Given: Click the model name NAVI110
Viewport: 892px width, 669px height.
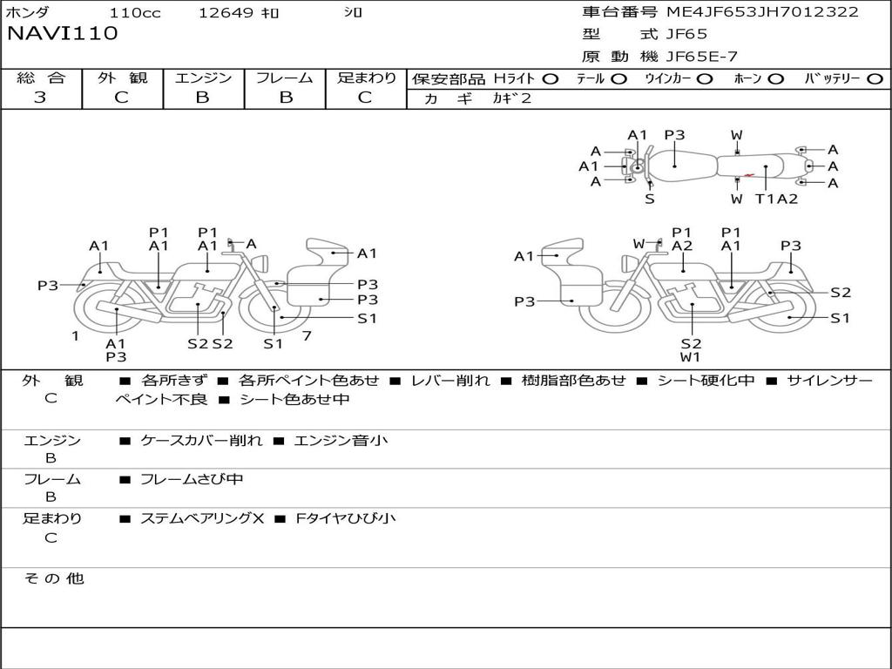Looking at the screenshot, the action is [62, 34].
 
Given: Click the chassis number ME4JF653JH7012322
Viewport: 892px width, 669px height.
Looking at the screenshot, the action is [762, 12].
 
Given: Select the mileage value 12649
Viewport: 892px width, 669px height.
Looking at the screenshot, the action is [226, 13].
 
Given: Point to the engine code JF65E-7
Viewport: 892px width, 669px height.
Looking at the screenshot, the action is [701, 57].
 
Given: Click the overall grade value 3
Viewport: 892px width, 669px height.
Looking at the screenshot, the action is [40, 98].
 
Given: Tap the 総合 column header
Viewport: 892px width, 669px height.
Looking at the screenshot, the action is [41, 78].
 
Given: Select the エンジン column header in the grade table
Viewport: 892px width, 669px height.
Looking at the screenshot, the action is [203, 78].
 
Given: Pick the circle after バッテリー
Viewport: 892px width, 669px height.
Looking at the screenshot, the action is [875, 78].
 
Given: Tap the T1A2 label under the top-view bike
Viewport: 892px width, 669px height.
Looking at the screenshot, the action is [776, 199].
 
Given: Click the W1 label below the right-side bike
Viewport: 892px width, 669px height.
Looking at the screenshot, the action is [691, 357].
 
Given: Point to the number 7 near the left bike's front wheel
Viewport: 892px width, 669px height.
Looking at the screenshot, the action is [307, 335].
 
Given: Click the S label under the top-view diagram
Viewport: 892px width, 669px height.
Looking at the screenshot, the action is [650, 199].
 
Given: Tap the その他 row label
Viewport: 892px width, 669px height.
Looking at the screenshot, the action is [53, 578].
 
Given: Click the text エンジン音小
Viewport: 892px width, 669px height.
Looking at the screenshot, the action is [341, 441].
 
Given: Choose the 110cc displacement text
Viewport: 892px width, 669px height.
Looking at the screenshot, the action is [135, 13].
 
